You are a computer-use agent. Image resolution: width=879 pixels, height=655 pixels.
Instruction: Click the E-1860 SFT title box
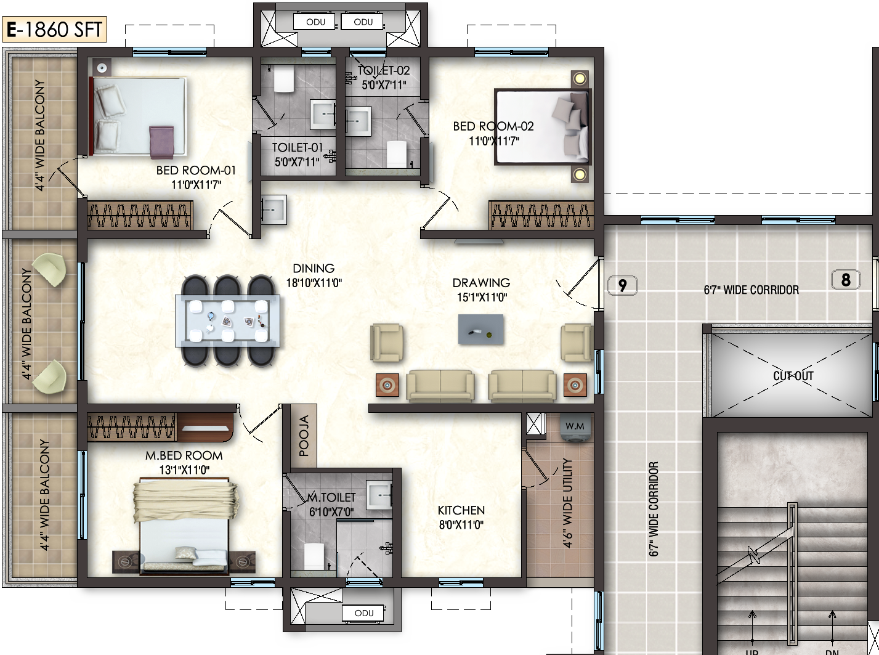coord(54,29)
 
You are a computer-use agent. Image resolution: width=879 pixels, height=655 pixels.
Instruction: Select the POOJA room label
coord(304,436)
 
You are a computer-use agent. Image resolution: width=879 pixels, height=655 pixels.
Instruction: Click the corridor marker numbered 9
coord(623,285)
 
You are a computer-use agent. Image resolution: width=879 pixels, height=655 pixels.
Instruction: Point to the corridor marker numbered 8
coord(846,280)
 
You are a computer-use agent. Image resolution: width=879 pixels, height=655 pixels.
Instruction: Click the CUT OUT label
coord(793,375)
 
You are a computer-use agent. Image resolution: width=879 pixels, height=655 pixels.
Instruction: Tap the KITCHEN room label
coord(461,510)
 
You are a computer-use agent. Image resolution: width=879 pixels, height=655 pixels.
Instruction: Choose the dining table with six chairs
coord(227,321)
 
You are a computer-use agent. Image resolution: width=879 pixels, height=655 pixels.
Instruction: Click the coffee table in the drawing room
coord(480,330)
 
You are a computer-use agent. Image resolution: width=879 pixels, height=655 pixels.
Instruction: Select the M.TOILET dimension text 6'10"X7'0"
coord(331,511)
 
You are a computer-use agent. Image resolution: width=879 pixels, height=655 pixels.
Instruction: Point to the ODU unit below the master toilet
coord(363,613)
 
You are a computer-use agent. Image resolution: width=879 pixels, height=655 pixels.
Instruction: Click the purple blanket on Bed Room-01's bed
coord(161,142)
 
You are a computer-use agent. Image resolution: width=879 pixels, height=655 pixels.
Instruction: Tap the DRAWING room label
coord(481,283)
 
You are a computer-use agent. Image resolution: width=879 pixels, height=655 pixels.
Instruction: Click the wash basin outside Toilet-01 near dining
coord(273,210)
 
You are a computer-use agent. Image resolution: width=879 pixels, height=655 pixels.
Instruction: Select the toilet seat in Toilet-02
coord(397,153)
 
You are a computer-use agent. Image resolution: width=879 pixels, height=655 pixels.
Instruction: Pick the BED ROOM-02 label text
coord(493,126)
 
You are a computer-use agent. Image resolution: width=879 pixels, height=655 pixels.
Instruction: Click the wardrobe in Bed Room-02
coord(541,215)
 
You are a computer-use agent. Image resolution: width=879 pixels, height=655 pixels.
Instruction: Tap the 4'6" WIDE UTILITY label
coord(568,503)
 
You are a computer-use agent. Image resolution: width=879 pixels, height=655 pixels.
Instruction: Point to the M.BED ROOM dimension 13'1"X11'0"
coord(184,470)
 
